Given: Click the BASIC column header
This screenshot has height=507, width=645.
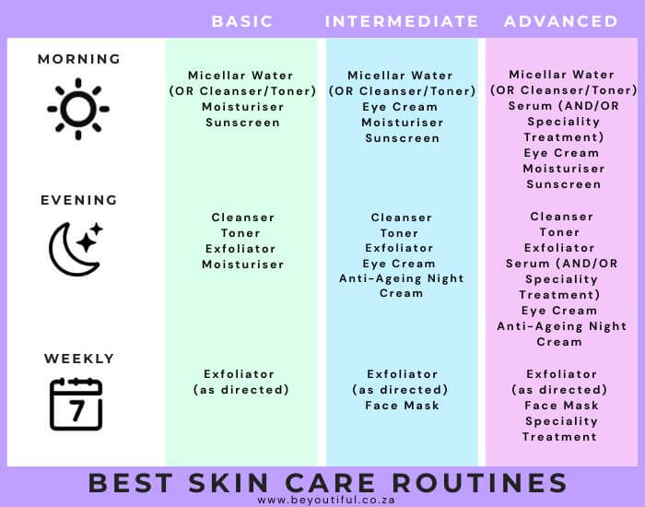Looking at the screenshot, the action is point(241,21).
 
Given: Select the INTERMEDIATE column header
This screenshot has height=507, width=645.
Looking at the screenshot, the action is point(402,21).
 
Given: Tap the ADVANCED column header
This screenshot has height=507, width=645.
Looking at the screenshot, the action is point(560,21).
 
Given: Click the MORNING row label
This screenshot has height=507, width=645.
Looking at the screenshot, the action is point(79,59).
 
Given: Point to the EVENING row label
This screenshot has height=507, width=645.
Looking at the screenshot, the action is point(79,200).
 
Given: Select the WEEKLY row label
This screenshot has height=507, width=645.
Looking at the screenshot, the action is point(79,359).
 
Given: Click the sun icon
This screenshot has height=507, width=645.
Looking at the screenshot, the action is point(78,109).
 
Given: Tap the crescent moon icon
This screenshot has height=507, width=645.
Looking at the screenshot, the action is point(74,250).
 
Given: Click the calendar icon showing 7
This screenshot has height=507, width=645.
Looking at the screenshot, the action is point(76,404).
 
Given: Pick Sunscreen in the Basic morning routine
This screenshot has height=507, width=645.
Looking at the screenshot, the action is point(242,123).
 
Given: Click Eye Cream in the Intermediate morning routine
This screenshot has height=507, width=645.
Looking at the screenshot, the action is point(400,107).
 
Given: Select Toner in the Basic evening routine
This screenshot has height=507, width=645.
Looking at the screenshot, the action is point(240,233).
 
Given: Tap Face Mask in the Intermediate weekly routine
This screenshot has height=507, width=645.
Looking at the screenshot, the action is point(402,406).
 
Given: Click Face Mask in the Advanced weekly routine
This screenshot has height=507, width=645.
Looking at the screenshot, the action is point(561,406).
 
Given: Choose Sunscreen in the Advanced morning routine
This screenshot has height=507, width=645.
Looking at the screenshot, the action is point(564,184).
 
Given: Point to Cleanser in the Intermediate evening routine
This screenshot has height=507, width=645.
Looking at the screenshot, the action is point(402,218).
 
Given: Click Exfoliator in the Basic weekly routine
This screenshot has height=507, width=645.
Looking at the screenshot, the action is point(239,374).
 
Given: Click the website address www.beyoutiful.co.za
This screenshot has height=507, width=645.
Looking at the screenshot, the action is point(326,500).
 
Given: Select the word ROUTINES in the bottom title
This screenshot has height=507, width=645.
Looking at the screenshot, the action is point(479,483).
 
